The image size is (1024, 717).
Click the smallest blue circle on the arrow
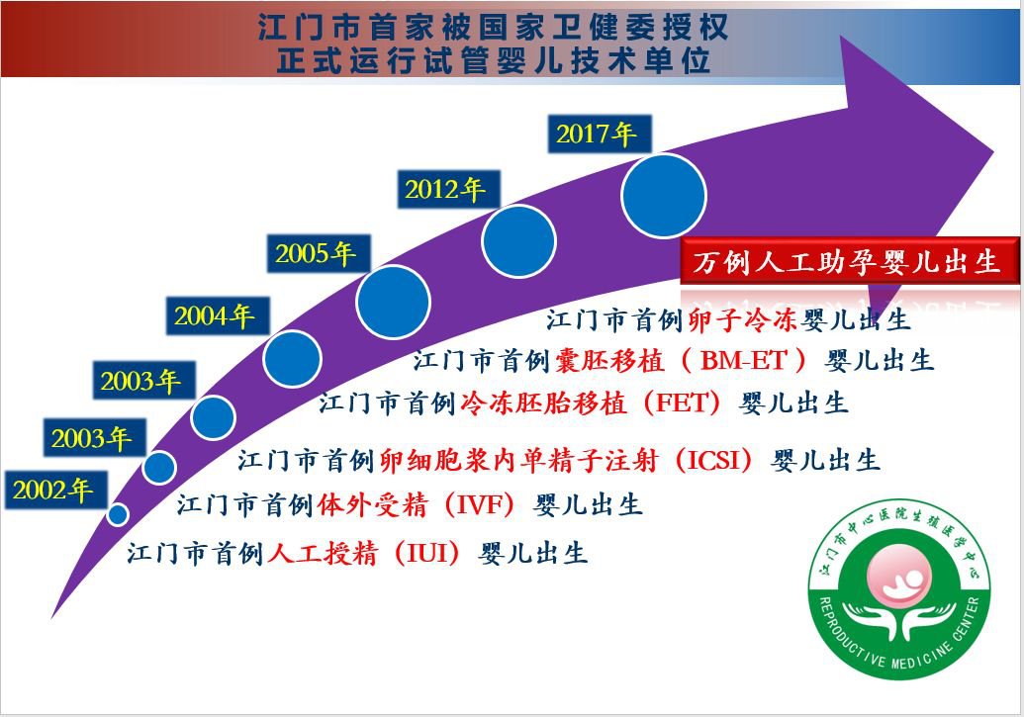(x=118, y=514)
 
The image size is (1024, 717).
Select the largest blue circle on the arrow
(x=664, y=196)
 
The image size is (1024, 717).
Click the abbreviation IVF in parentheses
(x=481, y=504)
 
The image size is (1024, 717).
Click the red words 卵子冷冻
(x=744, y=320)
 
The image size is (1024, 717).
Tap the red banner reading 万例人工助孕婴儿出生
(x=849, y=262)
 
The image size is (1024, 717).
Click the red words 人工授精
(x=323, y=554)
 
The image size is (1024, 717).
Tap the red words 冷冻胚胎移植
(x=543, y=403)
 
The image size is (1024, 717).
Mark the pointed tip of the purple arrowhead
(x=994, y=153)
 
